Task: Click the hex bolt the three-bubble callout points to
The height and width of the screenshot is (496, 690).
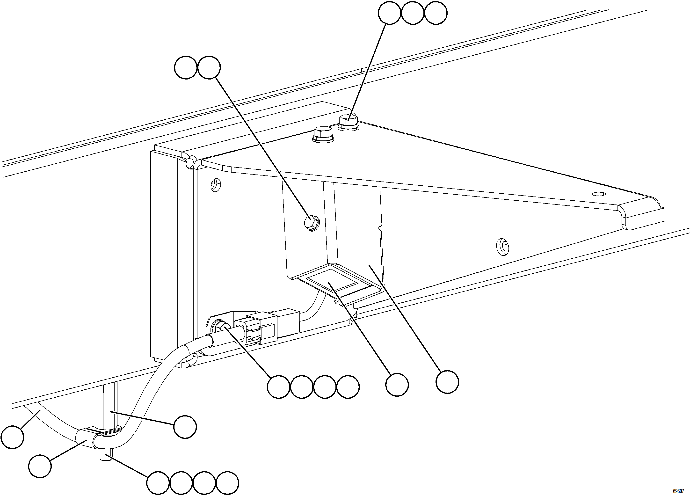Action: pyautogui.click(x=348, y=123)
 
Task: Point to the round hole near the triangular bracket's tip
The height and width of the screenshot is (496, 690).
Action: pyautogui.click(x=598, y=194)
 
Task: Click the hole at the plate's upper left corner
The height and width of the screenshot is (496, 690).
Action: pyautogui.click(x=215, y=184)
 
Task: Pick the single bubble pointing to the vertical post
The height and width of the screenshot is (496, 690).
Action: pyautogui.click(x=185, y=427)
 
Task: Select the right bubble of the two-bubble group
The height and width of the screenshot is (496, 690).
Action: pyautogui.click(x=209, y=67)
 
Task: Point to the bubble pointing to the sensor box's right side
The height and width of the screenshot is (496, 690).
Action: pyautogui.click(x=447, y=382)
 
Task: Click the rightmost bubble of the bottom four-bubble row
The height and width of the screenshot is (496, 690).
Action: pyautogui.click(x=228, y=483)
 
